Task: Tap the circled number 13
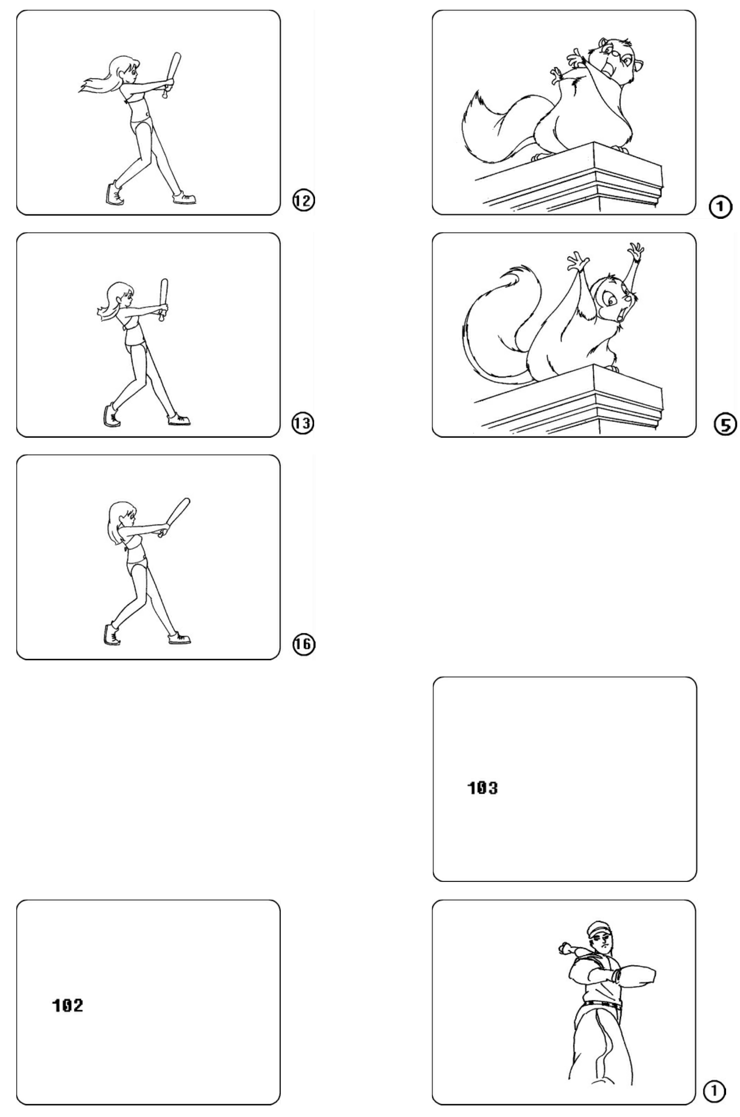tap(303, 423)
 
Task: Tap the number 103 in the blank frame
tap(482, 788)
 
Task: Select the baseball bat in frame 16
tap(176, 517)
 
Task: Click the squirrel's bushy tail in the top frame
tap(495, 124)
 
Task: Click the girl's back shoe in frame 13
tap(111, 415)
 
